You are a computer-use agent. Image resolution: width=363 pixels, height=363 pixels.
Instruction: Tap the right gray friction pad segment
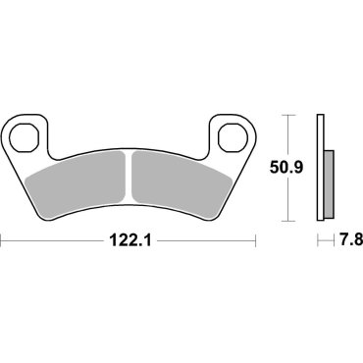click(x=177, y=177)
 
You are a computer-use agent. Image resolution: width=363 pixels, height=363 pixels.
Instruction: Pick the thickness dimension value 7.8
click(x=343, y=239)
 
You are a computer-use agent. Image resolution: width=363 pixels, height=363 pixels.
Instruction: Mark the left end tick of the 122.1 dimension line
click(x=3, y=239)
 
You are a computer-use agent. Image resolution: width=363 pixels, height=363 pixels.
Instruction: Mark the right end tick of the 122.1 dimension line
click(x=256, y=239)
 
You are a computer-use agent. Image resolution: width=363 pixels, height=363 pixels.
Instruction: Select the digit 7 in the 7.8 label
click(x=335, y=239)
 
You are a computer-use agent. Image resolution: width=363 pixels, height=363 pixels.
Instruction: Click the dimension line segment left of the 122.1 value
click(x=54, y=239)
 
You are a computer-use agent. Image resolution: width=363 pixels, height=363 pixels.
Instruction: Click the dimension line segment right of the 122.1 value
click(x=206, y=239)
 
